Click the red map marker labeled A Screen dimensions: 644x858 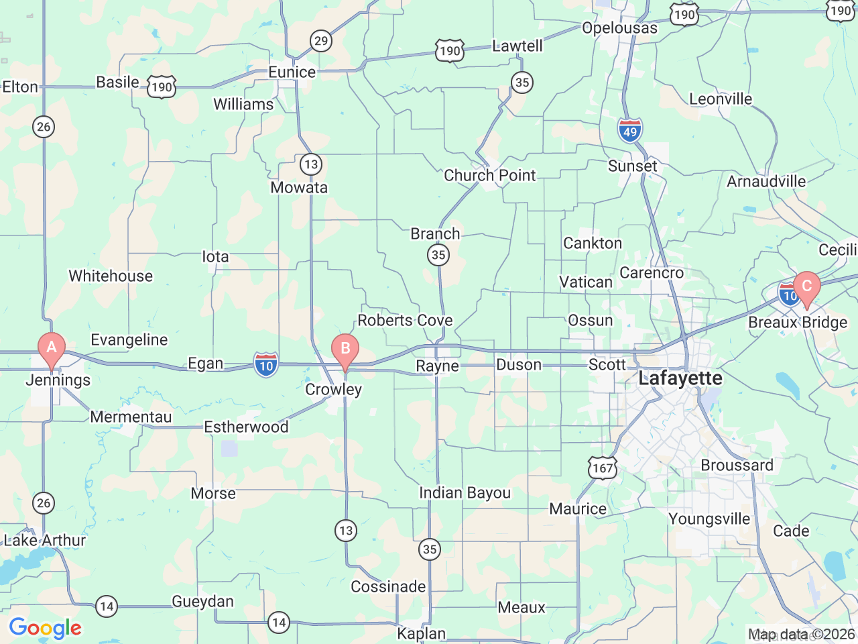pos(52,348)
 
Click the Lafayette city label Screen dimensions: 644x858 pos(680,378)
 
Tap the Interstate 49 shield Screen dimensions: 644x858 pos(630,131)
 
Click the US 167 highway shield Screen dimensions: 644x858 pos(603,468)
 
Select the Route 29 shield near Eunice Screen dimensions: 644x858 pos(321,41)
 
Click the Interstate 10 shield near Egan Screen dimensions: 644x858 pos(266,366)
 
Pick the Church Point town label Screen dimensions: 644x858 pos(490,176)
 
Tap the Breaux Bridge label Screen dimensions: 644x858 pos(798,323)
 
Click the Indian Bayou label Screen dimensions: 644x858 pos(465,493)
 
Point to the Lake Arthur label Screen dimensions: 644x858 pos(45,540)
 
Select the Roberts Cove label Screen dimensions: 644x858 pos(405,321)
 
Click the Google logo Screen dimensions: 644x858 pos(45,629)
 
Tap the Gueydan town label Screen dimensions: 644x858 pos(202,602)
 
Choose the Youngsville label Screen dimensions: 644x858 pos(709,519)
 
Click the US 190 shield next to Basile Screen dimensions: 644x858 pos(162,87)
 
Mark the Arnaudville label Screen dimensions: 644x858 pos(766,182)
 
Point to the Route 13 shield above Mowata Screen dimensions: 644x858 pos(310,164)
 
